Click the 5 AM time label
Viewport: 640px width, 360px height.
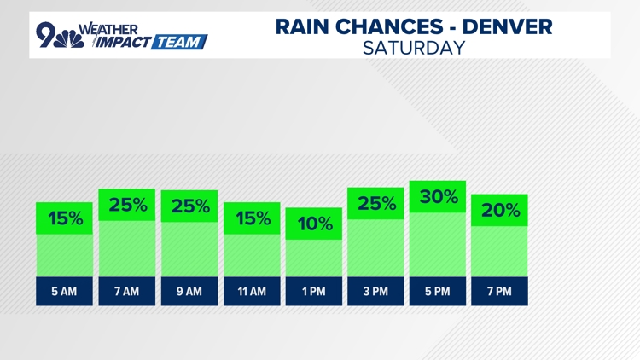(x=64, y=292)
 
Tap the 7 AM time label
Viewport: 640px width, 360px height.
(x=126, y=292)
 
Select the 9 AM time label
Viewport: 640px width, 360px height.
(x=189, y=292)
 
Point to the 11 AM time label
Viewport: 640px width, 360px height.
(x=251, y=292)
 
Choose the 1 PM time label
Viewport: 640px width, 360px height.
(x=313, y=292)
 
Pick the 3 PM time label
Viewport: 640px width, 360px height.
(x=375, y=292)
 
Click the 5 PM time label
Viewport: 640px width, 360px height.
(x=438, y=292)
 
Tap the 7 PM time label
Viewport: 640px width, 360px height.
(x=500, y=292)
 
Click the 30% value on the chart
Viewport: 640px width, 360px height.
(x=438, y=197)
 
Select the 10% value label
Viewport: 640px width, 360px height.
(x=313, y=224)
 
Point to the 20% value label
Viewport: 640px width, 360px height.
(x=500, y=210)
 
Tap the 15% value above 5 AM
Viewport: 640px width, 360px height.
(x=64, y=218)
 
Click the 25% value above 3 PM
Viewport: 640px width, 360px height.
(x=375, y=204)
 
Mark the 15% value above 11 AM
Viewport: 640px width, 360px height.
(x=251, y=218)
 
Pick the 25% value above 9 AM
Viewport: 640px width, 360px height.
(x=189, y=206)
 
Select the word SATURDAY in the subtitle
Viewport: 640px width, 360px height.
(x=414, y=48)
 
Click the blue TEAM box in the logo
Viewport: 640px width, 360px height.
(x=179, y=40)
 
